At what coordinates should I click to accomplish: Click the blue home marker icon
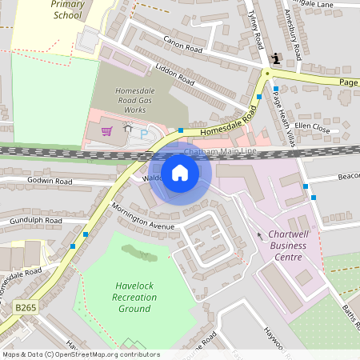180,173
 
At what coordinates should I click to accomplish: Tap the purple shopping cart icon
106,131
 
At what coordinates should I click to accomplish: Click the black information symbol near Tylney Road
276,58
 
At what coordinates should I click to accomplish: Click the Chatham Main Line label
220,151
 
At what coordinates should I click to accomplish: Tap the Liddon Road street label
175,74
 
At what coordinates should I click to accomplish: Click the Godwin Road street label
50,182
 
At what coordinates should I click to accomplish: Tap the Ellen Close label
312,127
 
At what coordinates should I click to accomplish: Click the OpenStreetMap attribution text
80,354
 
